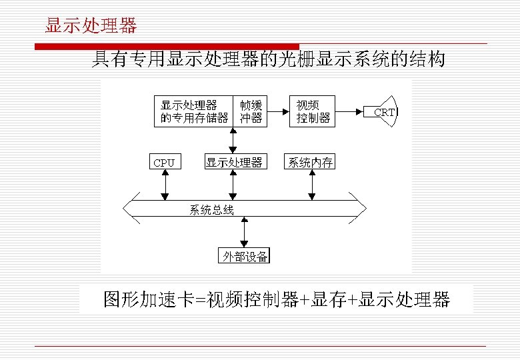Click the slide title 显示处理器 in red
point(91,26)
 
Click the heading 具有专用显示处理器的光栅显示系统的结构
point(268,61)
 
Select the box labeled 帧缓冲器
point(251,111)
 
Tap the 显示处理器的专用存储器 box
point(194,111)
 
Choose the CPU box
point(164,162)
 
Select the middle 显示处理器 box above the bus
point(233,162)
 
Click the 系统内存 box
point(310,162)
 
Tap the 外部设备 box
point(245,256)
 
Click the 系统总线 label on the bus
point(211,211)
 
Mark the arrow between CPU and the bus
point(165,184)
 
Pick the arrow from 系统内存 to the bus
point(311,184)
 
